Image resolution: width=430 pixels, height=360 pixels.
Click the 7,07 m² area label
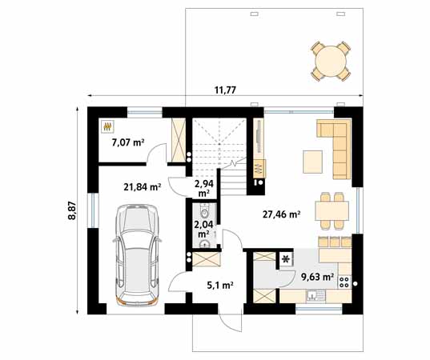tap(128, 142)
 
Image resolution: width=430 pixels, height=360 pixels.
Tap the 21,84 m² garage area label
tap(142, 187)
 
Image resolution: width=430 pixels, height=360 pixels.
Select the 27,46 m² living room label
tap(281, 214)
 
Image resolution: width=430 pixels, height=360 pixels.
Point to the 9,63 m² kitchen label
tap(317, 277)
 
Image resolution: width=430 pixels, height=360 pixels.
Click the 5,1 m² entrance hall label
tap(220, 286)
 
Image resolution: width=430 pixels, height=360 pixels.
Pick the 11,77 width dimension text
tap(225, 90)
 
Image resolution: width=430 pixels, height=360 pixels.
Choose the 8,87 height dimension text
tap(72, 210)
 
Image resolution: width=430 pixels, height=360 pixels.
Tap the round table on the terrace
tap(331, 61)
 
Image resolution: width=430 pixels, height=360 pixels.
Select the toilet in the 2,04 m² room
tap(204, 210)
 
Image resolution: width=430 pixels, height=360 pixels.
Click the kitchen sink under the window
tap(315, 296)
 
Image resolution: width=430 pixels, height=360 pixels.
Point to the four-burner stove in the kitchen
tap(344, 282)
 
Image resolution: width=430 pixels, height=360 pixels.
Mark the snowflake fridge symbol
tap(286, 259)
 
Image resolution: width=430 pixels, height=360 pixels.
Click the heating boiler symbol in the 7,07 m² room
tap(107, 126)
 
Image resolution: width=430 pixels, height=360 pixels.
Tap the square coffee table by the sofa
tap(312, 162)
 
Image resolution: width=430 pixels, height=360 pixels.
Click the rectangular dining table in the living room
tap(332, 210)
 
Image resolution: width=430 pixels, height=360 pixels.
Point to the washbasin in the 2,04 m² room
tap(204, 243)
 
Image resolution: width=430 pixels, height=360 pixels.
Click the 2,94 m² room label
tap(204, 188)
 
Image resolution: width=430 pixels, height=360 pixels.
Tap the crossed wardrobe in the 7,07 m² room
tap(179, 140)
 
